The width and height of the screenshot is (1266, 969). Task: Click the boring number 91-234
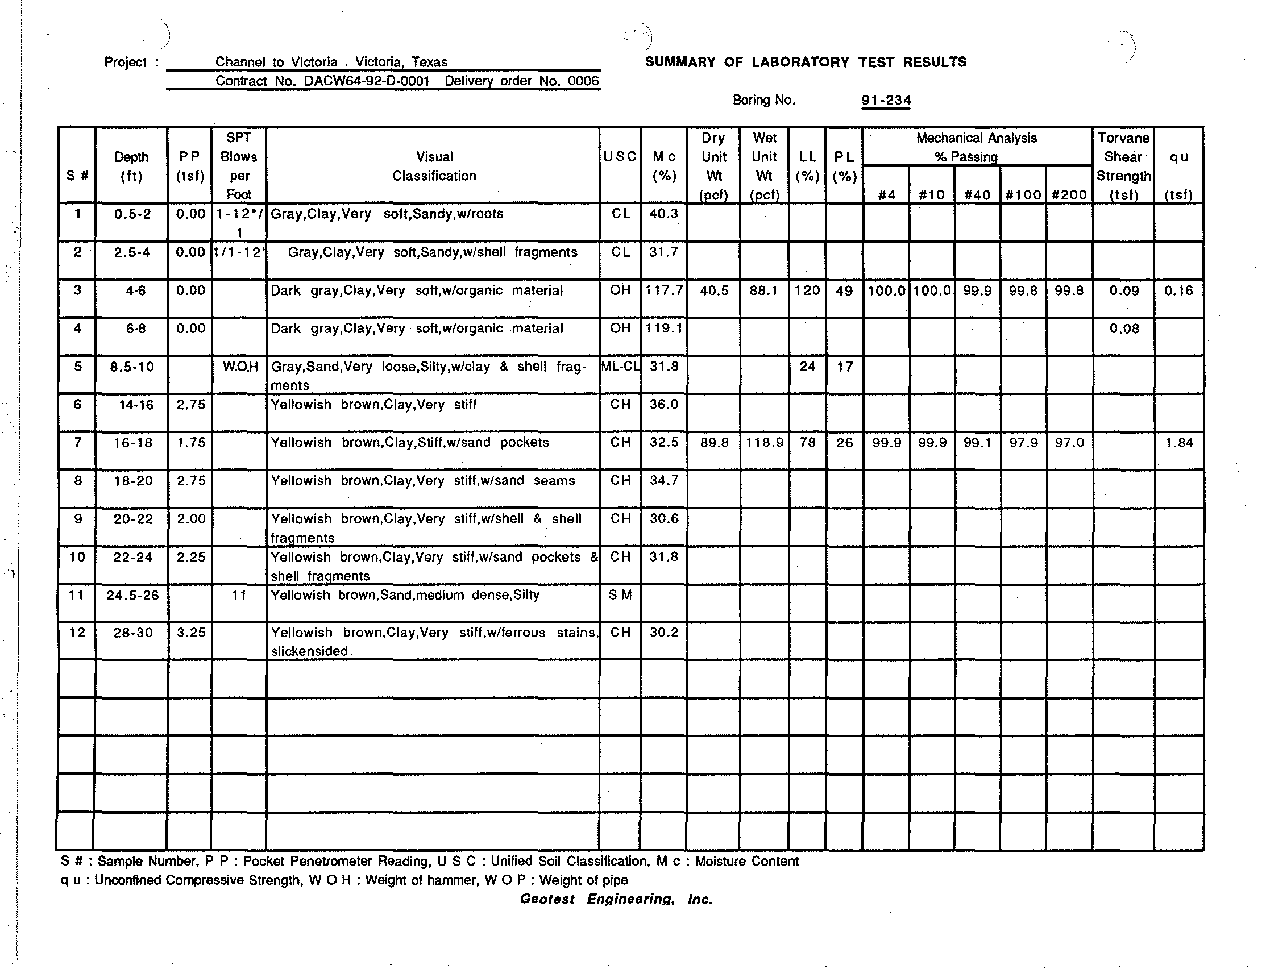click(886, 101)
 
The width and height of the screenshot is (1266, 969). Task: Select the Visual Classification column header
click(434, 166)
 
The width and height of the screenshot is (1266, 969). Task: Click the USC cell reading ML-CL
click(620, 367)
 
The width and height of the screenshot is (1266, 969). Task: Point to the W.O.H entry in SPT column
click(239, 367)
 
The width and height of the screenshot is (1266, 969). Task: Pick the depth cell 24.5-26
click(132, 595)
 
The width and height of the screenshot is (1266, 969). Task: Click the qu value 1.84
click(1179, 442)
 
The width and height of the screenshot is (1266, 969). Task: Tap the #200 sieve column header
click(1069, 195)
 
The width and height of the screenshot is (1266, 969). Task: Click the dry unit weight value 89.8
click(714, 442)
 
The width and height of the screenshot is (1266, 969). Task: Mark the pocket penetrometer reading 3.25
click(191, 633)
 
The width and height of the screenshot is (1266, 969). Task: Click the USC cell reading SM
click(620, 595)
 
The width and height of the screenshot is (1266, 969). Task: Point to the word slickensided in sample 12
click(309, 651)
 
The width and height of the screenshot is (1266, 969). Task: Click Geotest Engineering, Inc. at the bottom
click(616, 899)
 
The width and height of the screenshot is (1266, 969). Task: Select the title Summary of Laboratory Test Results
click(806, 63)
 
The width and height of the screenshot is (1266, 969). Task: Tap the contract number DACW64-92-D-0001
click(367, 81)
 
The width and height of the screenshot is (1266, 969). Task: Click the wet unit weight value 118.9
click(765, 442)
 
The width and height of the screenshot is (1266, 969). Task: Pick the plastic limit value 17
click(845, 367)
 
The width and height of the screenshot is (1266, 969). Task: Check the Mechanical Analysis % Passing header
click(976, 147)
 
